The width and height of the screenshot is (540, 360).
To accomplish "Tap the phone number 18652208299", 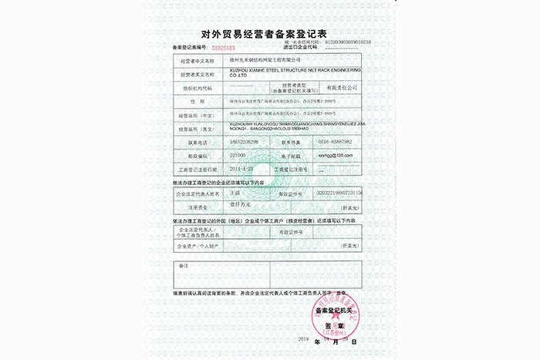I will pyautogui.click(x=247, y=143).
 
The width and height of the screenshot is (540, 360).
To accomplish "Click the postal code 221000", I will pyautogui.click(x=241, y=155).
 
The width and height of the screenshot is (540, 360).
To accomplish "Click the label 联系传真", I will pyautogui.click(x=295, y=143).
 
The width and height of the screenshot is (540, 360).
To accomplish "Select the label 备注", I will pyautogui.click(x=184, y=265).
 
